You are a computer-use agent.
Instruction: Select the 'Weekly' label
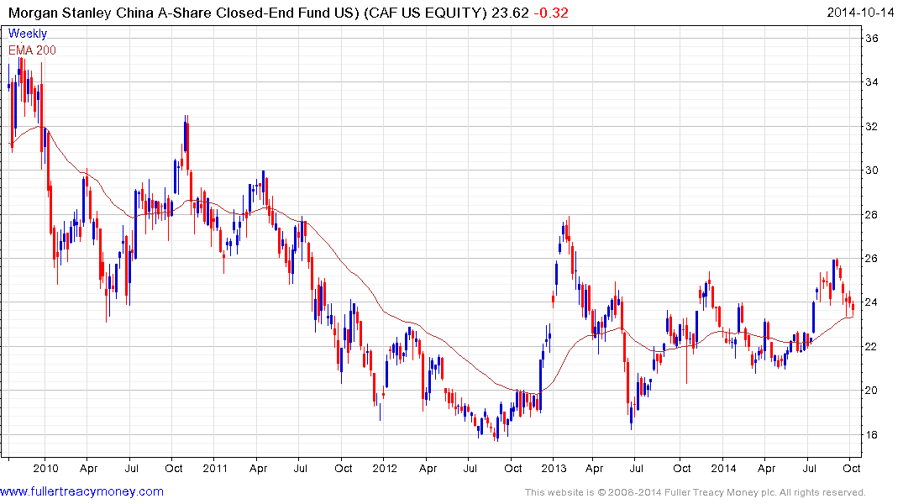point(27,34)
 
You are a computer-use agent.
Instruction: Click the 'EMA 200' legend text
point(32,50)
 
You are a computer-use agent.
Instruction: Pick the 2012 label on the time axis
point(384,469)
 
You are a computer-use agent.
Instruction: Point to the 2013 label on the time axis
point(554,469)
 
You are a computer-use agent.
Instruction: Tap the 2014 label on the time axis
point(723,469)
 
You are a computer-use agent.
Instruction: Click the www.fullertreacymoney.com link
point(81,491)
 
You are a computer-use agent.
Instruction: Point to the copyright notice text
point(695,492)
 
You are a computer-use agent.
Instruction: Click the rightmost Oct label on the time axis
point(852,469)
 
